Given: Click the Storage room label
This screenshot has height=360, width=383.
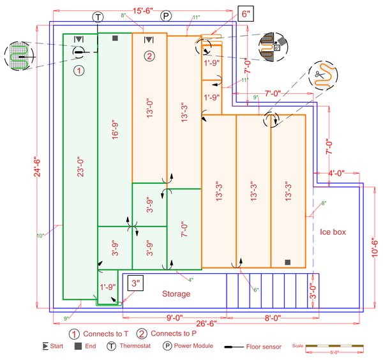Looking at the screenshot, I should (x=176, y=294).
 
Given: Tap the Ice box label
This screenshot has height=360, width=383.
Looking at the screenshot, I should (x=333, y=232).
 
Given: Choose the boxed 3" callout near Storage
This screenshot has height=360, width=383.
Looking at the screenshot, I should (x=135, y=283).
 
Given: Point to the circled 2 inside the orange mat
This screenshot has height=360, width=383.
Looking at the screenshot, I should (x=149, y=56).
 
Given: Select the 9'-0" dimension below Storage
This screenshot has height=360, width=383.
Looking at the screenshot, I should (x=176, y=315).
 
